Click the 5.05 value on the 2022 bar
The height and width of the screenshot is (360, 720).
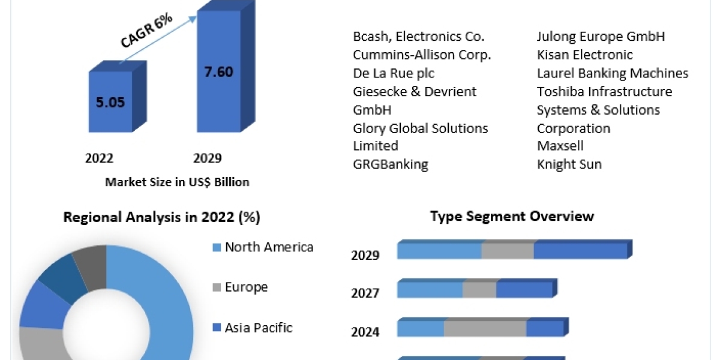pyautogui.click(x=110, y=102)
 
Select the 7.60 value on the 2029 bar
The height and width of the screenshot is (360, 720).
pyautogui.click(x=218, y=72)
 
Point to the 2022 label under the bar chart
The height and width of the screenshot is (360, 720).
pyautogui.click(x=100, y=158)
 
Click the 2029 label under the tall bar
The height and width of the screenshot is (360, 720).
pyautogui.click(x=207, y=158)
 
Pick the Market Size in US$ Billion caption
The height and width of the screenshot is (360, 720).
pyautogui.click(x=177, y=182)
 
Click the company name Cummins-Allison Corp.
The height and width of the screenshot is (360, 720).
pyautogui.click(x=422, y=55)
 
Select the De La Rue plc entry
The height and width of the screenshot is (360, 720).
pyautogui.click(x=394, y=73)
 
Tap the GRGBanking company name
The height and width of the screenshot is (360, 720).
pyautogui.click(x=391, y=164)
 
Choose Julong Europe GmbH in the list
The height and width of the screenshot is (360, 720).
pyautogui.click(x=601, y=37)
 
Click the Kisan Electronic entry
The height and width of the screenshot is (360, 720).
pyautogui.click(x=585, y=55)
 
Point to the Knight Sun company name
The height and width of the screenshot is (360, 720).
pyautogui.click(x=569, y=164)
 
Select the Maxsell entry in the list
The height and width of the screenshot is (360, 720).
pyautogui.click(x=560, y=146)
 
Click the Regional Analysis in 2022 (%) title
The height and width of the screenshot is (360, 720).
pyautogui.click(x=162, y=217)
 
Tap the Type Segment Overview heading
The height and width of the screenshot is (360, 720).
pyautogui.click(x=512, y=216)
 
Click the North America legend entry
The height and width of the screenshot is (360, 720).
pyautogui.click(x=269, y=247)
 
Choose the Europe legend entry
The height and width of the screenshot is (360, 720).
pyautogui.click(x=246, y=287)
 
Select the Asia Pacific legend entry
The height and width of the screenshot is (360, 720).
pyautogui.click(x=259, y=328)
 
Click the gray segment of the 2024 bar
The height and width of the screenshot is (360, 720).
pyautogui.click(x=485, y=329)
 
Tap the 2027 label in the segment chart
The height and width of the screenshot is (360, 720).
pyautogui.click(x=365, y=293)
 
